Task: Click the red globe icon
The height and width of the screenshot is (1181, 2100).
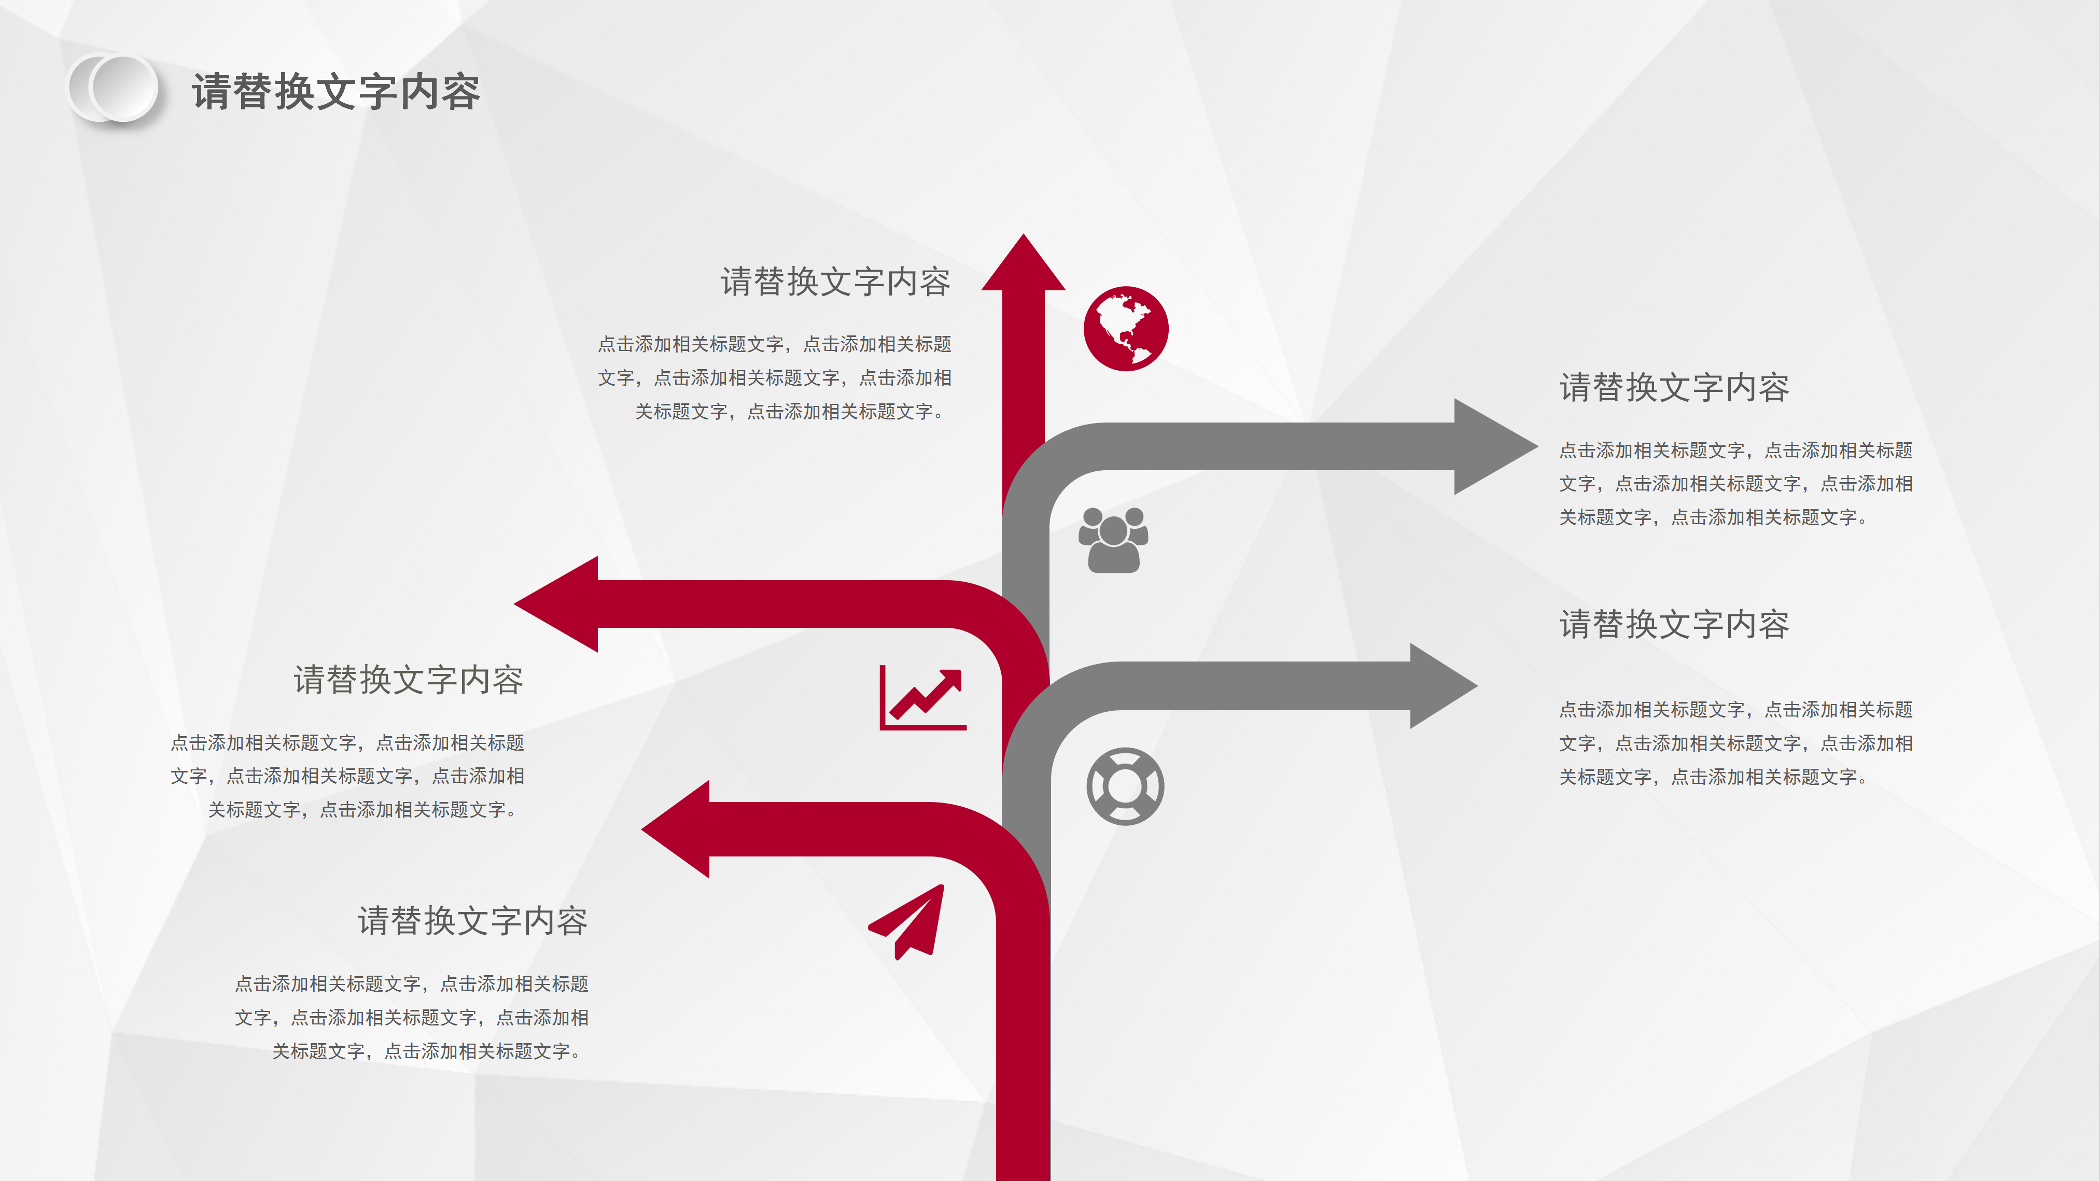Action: (1126, 329)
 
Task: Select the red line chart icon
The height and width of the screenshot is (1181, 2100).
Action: (923, 698)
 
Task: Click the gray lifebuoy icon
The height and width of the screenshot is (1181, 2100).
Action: (1125, 786)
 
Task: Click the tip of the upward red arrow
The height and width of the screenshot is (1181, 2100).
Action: (1023, 235)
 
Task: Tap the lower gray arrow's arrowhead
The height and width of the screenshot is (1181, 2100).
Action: (1443, 685)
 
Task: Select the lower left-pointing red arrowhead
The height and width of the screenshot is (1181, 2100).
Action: (676, 829)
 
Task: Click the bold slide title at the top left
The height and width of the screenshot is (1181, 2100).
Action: (336, 91)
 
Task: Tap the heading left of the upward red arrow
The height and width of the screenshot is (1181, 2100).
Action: (836, 282)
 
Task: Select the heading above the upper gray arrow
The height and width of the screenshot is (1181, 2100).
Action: (1674, 387)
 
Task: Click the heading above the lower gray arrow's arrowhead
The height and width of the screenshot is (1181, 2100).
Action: (1674, 624)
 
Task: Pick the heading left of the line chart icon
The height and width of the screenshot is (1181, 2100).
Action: (409, 680)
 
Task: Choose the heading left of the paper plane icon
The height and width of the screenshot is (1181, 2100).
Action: (473, 921)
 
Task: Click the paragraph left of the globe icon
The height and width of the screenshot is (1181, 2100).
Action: (775, 377)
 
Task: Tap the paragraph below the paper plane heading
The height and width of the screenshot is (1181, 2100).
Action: (412, 1017)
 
